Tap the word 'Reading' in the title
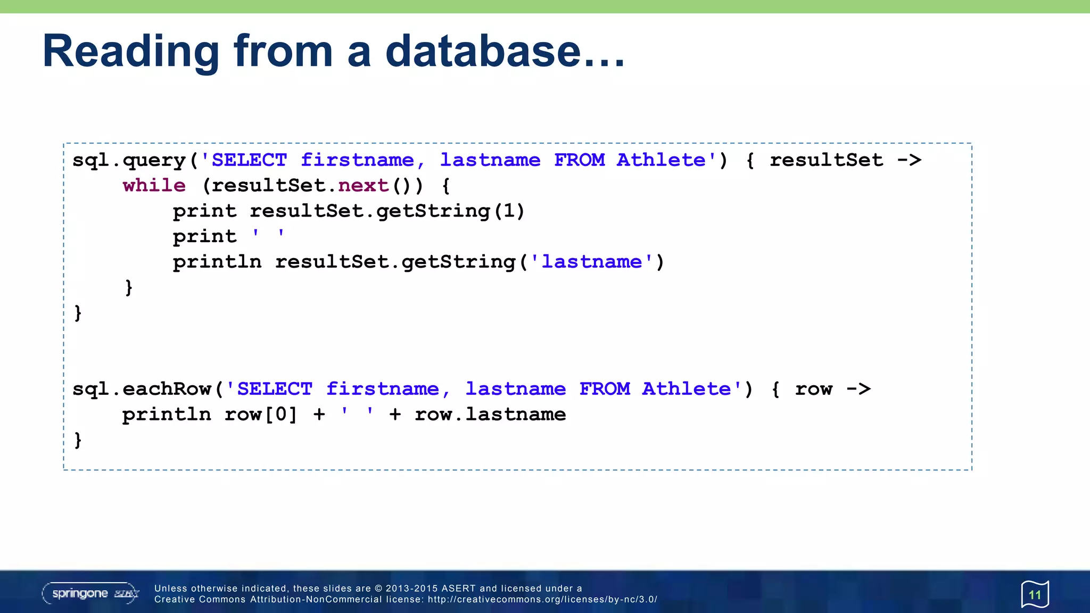pos(130,52)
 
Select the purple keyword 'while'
pos(154,185)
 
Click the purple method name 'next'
pos(364,185)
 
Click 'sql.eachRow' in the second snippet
pos(142,389)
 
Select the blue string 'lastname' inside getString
pos(592,262)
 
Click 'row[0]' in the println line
pos(260,415)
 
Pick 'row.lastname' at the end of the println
pos(490,415)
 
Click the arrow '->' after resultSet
pos(909,160)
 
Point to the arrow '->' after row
pos(858,389)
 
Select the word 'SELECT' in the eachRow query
pos(275,389)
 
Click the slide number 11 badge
pos(1035,594)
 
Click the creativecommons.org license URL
pos(542,600)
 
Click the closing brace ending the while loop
pos(129,288)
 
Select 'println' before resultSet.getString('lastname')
pos(217,262)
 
